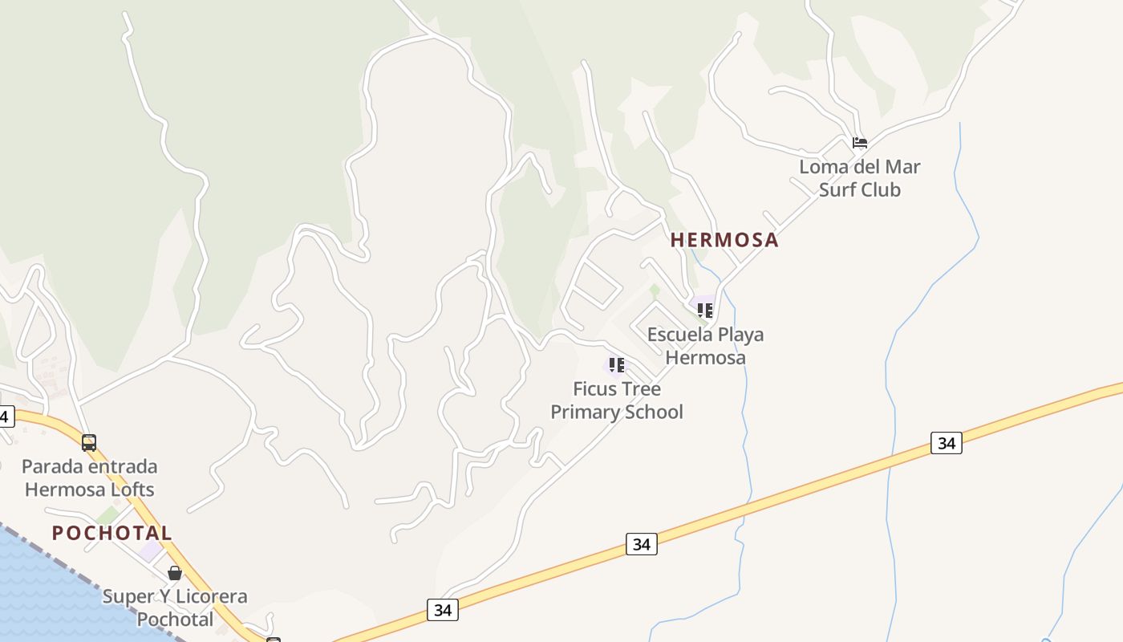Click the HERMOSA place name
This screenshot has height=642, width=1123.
point(724,239)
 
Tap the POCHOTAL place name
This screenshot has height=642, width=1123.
point(112,533)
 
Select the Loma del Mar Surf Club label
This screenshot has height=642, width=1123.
point(859,178)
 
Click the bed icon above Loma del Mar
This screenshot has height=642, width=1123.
point(860,144)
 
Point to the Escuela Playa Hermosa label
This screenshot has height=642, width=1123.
point(705,346)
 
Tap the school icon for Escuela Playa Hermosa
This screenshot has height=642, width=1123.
point(705,310)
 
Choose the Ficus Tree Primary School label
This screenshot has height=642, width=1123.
point(617,400)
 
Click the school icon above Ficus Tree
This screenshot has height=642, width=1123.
point(617,365)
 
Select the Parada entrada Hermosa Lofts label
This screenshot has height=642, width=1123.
point(89,477)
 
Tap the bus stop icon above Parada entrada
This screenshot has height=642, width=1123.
point(89,442)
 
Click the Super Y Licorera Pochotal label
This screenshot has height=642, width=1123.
point(175,607)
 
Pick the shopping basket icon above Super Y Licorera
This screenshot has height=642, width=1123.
point(175,573)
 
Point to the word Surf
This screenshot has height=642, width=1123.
point(837,190)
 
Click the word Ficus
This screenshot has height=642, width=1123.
point(594,389)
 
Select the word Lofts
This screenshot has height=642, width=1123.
point(131,490)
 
